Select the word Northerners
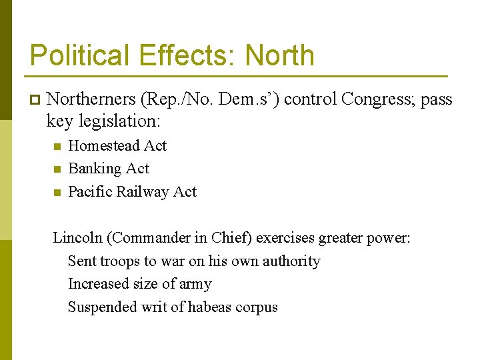tap(91, 99)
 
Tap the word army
tap(196, 285)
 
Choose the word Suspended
tap(101, 307)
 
